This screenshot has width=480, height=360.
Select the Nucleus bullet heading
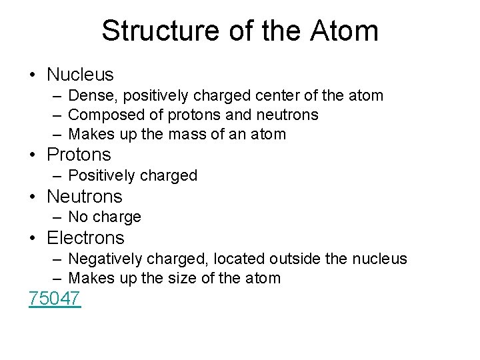click(80, 75)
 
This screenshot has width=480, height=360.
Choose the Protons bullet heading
click(79, 155)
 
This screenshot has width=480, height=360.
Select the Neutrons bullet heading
click(85, 196)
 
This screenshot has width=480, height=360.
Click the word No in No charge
click(78, 217)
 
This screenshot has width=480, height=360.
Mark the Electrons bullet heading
click(85, 237)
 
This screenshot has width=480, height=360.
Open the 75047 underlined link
click(55, 298)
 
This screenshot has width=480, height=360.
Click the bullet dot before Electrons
click(33, 238)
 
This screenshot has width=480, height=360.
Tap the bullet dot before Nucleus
click(33, 75)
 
